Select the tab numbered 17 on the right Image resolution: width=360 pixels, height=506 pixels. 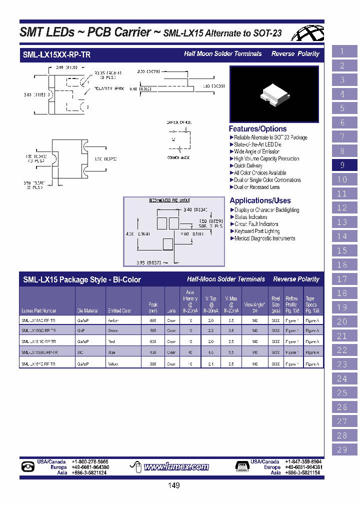tap(342, 279)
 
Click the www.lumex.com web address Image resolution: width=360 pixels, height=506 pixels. tap(176, 467)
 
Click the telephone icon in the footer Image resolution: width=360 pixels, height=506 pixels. tap(28, 467)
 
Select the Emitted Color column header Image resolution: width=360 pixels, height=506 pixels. tap(119, 310)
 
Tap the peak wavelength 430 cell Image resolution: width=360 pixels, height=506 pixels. tap(153, 352)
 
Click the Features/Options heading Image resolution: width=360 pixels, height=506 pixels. tap(257, 129)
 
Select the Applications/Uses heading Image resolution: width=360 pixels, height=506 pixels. tap(260, 200)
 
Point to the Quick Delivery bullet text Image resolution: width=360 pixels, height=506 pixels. tap(248, 165)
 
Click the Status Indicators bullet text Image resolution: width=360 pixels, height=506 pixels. tap(251, 217)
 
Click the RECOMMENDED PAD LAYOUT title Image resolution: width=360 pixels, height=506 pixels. tap(169, 200)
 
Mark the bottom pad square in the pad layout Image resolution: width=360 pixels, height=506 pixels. tap(168, 244)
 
